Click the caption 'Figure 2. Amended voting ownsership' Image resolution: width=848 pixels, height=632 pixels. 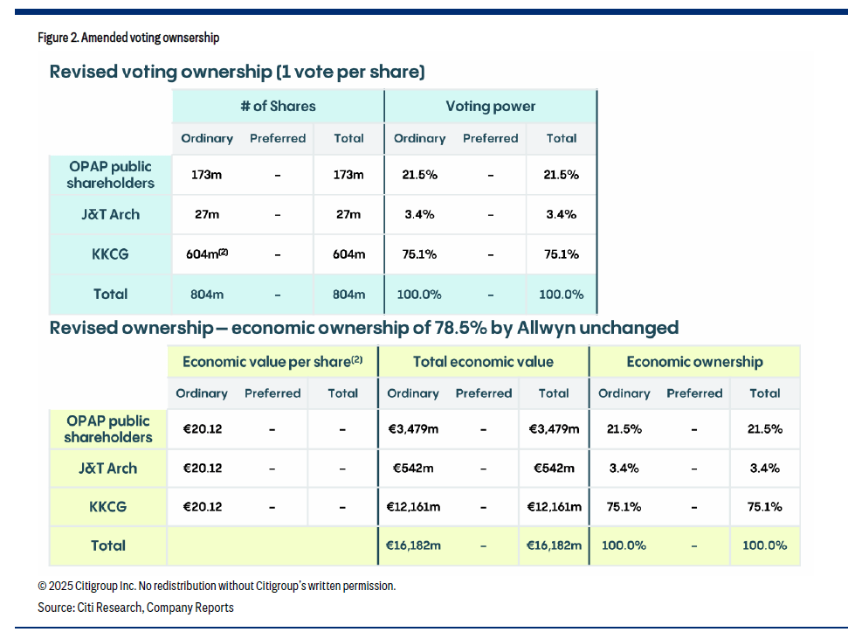pyautogui.click(x=128, y=38)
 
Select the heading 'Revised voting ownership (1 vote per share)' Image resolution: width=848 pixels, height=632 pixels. pyautogui.click(x=237, y=72)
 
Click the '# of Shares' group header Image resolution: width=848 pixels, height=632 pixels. pyautogui.click(x=278, y=107)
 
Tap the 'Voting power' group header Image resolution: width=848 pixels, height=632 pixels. pyautogui.click(x=490, y=107)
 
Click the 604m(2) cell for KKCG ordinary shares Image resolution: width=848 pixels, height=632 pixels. pyautogui.click(x=208, y=254)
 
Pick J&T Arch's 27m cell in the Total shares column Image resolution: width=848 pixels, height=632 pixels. pyautogui.click(x=348, y=214)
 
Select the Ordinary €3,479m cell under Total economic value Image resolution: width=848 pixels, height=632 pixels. pyautogui.click(x=413, y=429)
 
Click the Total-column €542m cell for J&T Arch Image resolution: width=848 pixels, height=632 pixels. pyautogui.click(x=554, y=468)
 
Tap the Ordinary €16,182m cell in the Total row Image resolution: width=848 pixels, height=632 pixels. pyautogui.click(x=413, y=545)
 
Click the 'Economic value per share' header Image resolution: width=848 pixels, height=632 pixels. pyautogui.click(x=272, y=362)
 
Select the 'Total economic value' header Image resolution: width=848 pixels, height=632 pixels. pyautogui.click(x=483, y=362)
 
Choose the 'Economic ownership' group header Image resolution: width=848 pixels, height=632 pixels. pyautogui.click(x=694, y=362)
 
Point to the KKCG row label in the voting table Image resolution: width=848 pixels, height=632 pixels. pyautogui.click(x=110, y=254)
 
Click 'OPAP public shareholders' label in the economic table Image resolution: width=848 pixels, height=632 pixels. pyautogui.click(x=108, y=429)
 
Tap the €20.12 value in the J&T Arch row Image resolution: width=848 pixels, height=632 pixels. pyautogui.click(x=202, y=468)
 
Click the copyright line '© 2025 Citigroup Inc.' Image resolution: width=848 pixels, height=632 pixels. pyautogui.click(x=217, y=586)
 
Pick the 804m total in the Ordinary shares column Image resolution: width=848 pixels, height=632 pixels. pyautogui.click(x=207, y=295)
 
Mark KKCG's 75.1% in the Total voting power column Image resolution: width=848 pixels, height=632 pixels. pyautogui.click(x=561, y=254)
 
